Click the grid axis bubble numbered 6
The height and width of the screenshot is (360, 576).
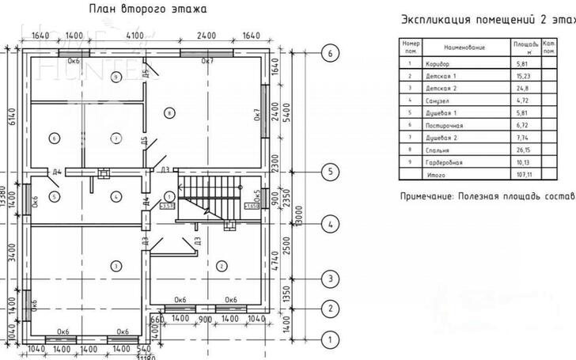(x=331, y=53)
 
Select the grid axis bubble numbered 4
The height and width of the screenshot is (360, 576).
(x=331, y=225)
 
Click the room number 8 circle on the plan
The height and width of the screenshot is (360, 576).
(x=169, y=113)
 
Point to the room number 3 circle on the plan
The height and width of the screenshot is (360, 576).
(x=115, y=264)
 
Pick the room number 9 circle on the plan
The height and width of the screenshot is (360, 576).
(x=116, y=77)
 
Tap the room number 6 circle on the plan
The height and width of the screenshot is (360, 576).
(x=54, y=138)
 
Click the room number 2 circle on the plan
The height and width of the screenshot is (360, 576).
(x=222, y=264)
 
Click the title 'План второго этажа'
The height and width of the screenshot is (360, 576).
(x=148, y=9)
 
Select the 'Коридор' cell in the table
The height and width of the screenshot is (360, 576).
(x=437, y=63)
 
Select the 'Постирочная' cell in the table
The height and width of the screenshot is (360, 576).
(x=443, y=124)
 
